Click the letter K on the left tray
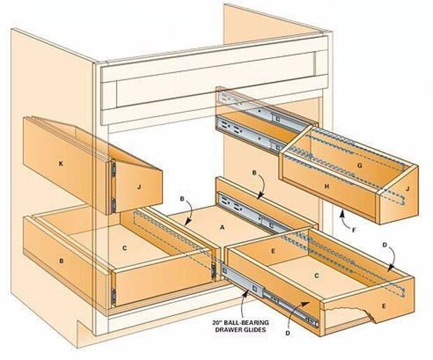pos(61,163)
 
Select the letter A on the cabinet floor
pos(223,226)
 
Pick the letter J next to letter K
pos(139,187)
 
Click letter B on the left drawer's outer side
pos(61,260)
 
